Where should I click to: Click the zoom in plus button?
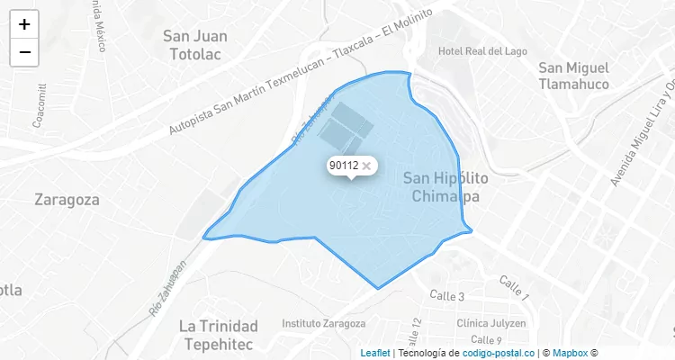[x=24, y=25]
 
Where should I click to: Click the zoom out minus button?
[x=24, y=52]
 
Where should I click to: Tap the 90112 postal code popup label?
[x=344, y=166]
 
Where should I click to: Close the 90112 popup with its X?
[x=366, y=166]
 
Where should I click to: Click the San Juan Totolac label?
[x=195, y=45]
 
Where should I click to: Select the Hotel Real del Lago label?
[x=482, y=51]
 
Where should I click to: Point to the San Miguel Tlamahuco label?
[x=573, y=76]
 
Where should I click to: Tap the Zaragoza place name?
[x=67, y=200]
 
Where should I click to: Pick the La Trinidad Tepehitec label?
[x=219, y=334]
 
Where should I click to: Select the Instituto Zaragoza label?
[x=324, y=323]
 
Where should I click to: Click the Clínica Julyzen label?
[x=490, y=323]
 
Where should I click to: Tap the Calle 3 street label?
[x=446, y=296]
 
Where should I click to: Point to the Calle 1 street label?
[x=515, y=289]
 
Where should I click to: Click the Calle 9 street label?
[x=486, y=340]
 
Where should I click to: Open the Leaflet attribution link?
[x=375, y=353]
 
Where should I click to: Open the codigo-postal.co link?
[x=499, y=353]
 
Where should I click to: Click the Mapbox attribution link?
[x=570, y=353]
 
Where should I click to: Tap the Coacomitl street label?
[x=40, y=106]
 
